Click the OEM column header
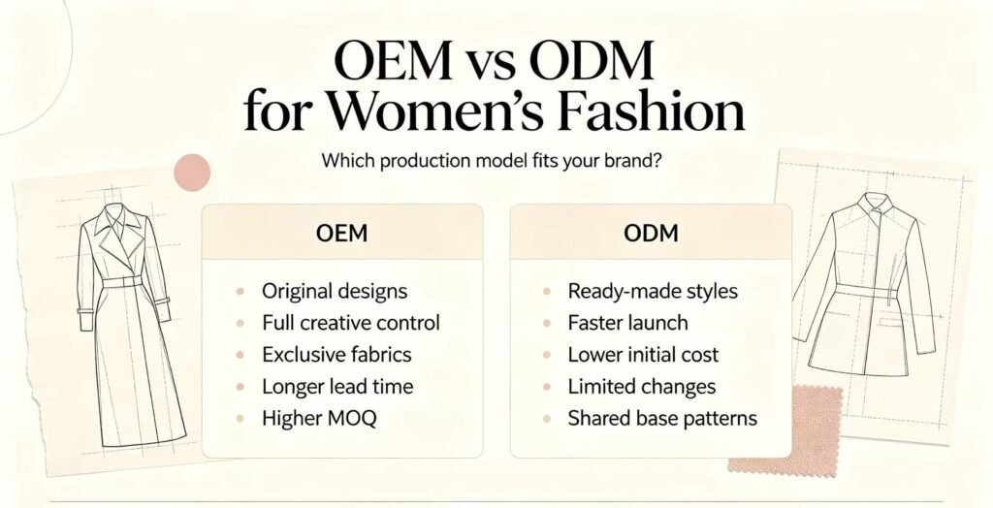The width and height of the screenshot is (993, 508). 341,233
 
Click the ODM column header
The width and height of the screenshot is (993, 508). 651,233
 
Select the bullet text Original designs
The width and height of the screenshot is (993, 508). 335,292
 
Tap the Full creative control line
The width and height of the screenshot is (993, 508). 351,323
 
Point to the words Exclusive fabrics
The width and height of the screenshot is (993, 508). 336,355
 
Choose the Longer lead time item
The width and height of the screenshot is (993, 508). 337,387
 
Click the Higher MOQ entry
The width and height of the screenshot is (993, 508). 319,419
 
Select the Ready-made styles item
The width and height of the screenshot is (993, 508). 653,292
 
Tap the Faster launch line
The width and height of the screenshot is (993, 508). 627,323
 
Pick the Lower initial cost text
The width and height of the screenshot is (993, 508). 644,355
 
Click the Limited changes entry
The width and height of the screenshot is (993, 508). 642,387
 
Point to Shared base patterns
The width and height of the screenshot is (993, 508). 662,419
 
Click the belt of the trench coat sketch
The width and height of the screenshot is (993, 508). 121,281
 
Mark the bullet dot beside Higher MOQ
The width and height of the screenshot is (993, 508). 240,419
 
